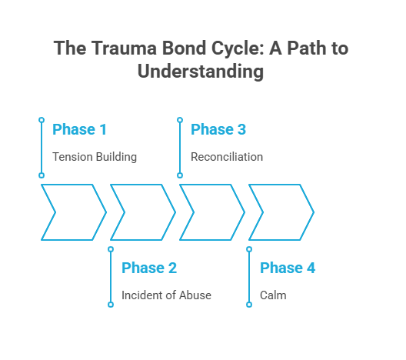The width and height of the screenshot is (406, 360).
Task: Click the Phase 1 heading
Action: tap(80, 129)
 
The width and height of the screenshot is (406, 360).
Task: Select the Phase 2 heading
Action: tap(149, 268)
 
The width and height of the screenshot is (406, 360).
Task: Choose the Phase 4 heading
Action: tap(288, 268)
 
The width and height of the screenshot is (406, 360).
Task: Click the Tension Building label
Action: tap(95, 157)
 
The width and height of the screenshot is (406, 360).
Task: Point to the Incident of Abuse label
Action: tap(166, 295)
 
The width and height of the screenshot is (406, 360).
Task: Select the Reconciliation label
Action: tap(227, 157)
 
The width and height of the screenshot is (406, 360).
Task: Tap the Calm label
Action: tap(273, 295)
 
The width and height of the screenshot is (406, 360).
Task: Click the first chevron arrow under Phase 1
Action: tap(74, 212)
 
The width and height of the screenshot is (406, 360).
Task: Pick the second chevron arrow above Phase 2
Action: tap(143, 212)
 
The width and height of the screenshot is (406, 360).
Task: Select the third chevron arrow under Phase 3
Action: tap(212, 212)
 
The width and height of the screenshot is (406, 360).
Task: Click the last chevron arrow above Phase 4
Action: tap(281, 212)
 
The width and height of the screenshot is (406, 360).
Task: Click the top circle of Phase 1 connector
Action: tap(42, 120)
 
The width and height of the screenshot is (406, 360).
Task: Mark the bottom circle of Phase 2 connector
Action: tap(111, 305)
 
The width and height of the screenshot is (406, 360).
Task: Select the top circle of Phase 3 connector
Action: tap(180, 120)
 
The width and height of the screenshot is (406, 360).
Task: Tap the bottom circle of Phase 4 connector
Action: tap(249, 305)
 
